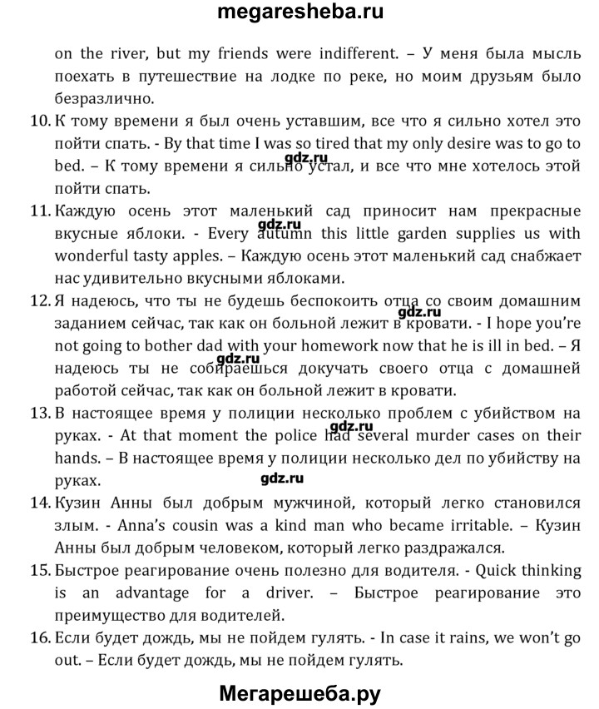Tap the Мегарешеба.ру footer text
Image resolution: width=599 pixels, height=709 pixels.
(x=300, y=692)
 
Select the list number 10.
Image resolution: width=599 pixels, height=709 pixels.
(x=39, y=121)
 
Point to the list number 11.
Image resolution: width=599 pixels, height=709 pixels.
(x=39, y=211)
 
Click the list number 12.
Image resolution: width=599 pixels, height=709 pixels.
(x=39, y=300)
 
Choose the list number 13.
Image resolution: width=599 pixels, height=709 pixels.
(x=39, y=413)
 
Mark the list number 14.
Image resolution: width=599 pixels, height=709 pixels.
(x=39, y=503)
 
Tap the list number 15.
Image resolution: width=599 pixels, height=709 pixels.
(x=39, y=571)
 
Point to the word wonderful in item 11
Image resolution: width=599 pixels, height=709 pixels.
(x=93, y=255)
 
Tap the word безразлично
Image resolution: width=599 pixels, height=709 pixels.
(x=105, y=98)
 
